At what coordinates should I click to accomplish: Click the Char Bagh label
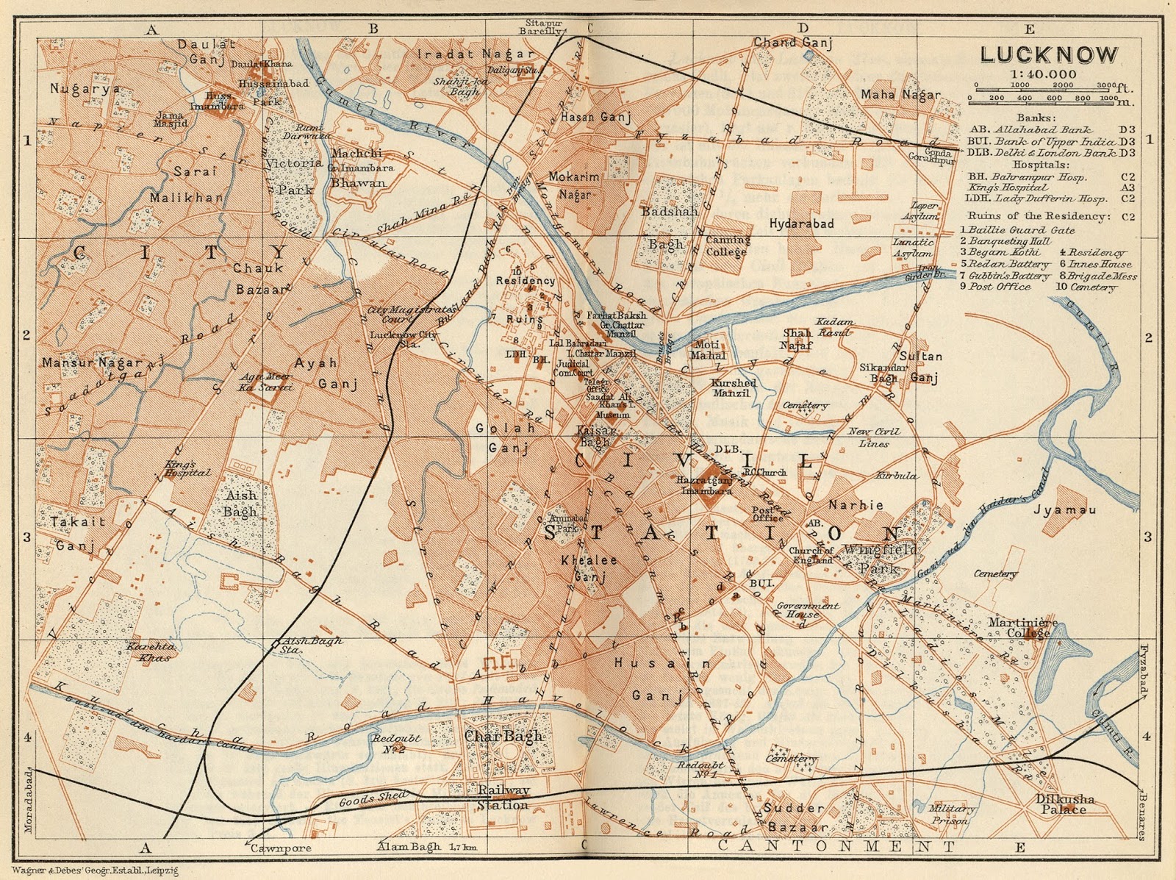point(504,736)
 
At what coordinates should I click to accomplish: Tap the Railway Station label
point(503,797)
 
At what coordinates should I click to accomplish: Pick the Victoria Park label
point(294,176)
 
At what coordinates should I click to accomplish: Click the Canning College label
point(727,246)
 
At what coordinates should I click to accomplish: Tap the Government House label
point(808,610)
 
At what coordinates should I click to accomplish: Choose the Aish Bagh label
point(240,504)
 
